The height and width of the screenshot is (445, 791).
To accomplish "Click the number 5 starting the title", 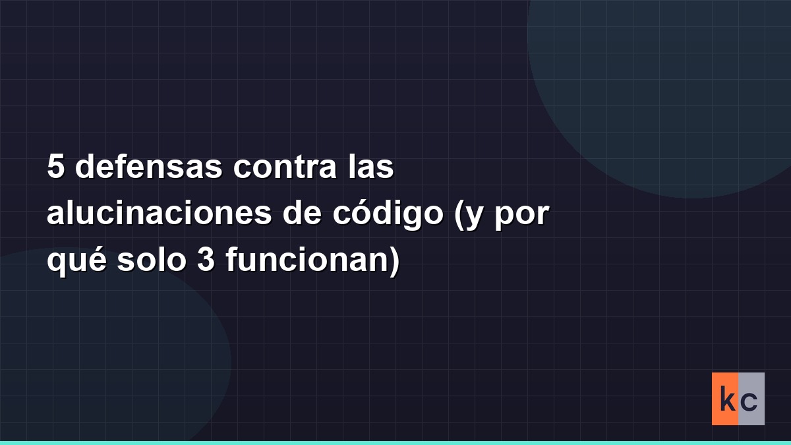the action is [x=56, y=166].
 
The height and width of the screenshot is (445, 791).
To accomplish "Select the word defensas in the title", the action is [x=149, y=165].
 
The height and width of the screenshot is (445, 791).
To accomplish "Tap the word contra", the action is [x=285, y=167].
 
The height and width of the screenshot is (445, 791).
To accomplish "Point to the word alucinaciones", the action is [x=160, y=212].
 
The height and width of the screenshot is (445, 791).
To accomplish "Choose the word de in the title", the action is [x=302, y=212].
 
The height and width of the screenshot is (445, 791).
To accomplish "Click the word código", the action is [x=388, y=216].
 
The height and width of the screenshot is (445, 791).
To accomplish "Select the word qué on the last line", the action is [x=76, y=262].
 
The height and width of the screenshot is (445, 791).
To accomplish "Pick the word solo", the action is [x=152, y=259].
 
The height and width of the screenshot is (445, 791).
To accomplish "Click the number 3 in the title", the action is [x=206, y=260].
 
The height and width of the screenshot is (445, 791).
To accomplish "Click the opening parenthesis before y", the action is [x=459, y=216].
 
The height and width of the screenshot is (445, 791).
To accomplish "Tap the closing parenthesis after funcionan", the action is [x=394, y=262].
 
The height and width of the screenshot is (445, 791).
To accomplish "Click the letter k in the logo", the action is [x=728, y=399].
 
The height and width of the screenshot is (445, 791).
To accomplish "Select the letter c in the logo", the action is [x=750, y=402].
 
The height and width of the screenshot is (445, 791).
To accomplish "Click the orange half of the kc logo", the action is [x=725, y=399].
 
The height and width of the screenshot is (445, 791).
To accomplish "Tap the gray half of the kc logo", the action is [x=751, y=399].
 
